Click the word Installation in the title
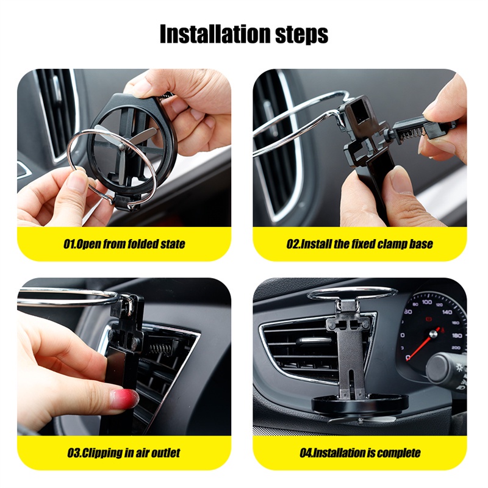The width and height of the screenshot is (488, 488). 215,34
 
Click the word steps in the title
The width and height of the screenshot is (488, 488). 301,35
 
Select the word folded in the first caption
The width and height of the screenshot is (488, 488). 143,243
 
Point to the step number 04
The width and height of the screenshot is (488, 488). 306,453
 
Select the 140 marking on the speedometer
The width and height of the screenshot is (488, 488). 447,312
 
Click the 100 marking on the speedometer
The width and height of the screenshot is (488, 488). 426,302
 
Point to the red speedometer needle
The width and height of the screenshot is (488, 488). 423,343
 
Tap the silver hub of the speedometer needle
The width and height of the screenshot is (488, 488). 433,334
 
